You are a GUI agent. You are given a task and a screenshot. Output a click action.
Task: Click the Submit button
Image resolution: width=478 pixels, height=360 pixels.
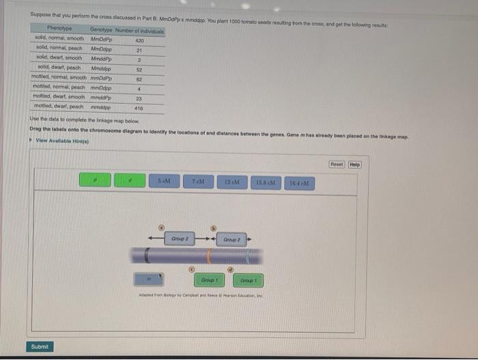click(x=40, y=346)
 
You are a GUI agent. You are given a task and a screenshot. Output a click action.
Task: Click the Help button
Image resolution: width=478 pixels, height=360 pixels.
click(x=354, y=164)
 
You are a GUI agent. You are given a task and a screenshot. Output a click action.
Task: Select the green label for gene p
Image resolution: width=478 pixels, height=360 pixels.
click(x=95, y=180)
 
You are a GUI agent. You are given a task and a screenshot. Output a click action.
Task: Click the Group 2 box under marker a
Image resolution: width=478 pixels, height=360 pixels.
click(x=180, y=239)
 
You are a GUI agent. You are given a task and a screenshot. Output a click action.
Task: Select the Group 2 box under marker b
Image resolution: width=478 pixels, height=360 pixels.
click(x=231, y=240)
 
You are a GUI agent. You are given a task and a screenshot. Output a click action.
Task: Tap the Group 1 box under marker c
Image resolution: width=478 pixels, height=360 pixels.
click(x=209, y=280)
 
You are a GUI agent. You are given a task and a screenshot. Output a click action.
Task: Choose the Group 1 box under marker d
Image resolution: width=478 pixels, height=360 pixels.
click(x=247, y=280)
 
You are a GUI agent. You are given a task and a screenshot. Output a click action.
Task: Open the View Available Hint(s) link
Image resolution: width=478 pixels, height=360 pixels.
click(x=60, y=141)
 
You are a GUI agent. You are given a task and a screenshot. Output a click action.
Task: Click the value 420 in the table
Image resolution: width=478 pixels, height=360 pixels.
click(x=139, y=40)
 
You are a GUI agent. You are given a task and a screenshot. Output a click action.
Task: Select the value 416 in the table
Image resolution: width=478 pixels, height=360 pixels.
click(x=139, y=107)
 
